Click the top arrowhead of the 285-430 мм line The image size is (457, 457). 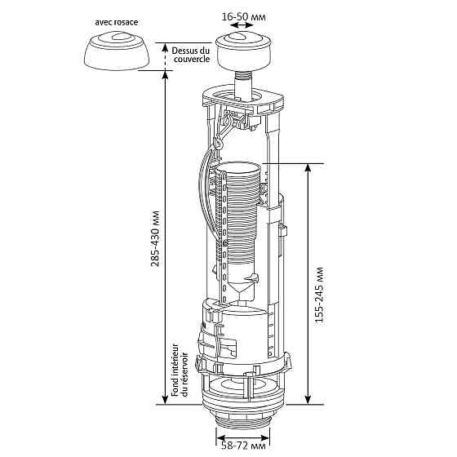click(x=167, y=74)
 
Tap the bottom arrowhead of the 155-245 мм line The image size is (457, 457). click(x=308, y=399)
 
